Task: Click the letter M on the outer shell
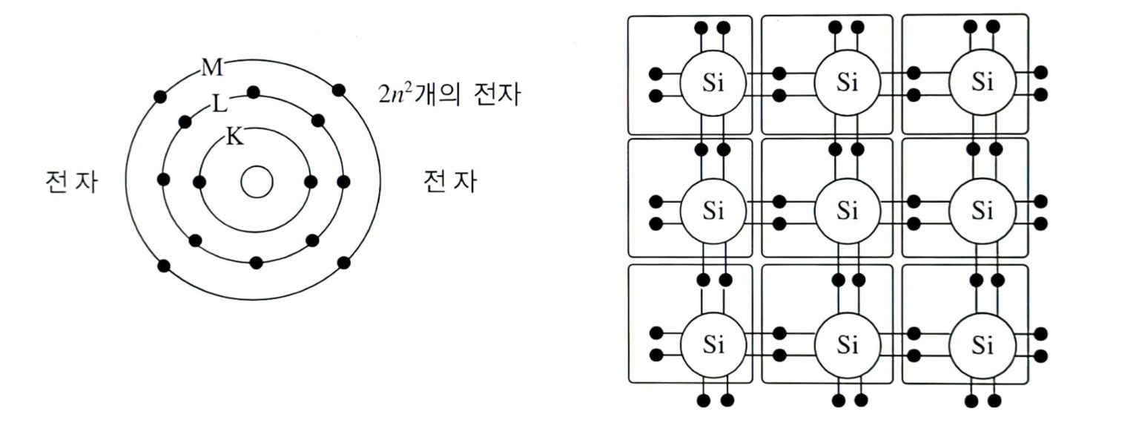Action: click(212, 69)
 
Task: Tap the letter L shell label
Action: click(219, 104)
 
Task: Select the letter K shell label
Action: click(234, 137)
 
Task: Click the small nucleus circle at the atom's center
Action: click(257, 182)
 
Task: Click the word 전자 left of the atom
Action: click(71, 182)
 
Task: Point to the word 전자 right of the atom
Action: click(449, 182)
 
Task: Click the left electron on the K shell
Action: click(198, 182)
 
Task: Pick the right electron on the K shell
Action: click(311, 182)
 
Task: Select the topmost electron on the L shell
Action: click(253, 93)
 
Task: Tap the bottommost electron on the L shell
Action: click(257, 263)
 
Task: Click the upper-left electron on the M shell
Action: click(160, 96)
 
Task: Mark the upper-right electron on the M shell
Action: click(339, 91)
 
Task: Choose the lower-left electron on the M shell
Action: click(164, 265)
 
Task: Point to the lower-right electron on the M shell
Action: click(343, 263)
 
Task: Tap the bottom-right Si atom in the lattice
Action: click(982, 344)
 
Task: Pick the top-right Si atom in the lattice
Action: click(982, 82)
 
